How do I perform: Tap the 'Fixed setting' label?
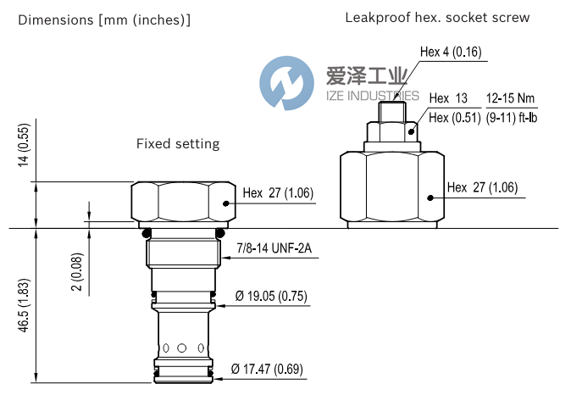pyautogui.click(x=178, y=144)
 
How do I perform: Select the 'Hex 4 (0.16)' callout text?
pyautogui.click(x=451, y=53)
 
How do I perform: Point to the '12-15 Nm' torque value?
pyautogui.click(x=509, y=99)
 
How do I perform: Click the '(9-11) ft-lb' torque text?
pyautogui.click(x=510, y=118)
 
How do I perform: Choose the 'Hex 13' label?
pyautogui.click(x=449, y=99)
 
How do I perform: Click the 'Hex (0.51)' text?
pyautogui.click(x=451, y=118)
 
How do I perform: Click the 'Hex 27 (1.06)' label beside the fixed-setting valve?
pyautogui.click(x=278, y=193)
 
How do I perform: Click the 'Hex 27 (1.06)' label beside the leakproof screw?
pyautogui.click(x=482, y=187)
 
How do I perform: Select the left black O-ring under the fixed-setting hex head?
pyautogui.click(x=147, y=233)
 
